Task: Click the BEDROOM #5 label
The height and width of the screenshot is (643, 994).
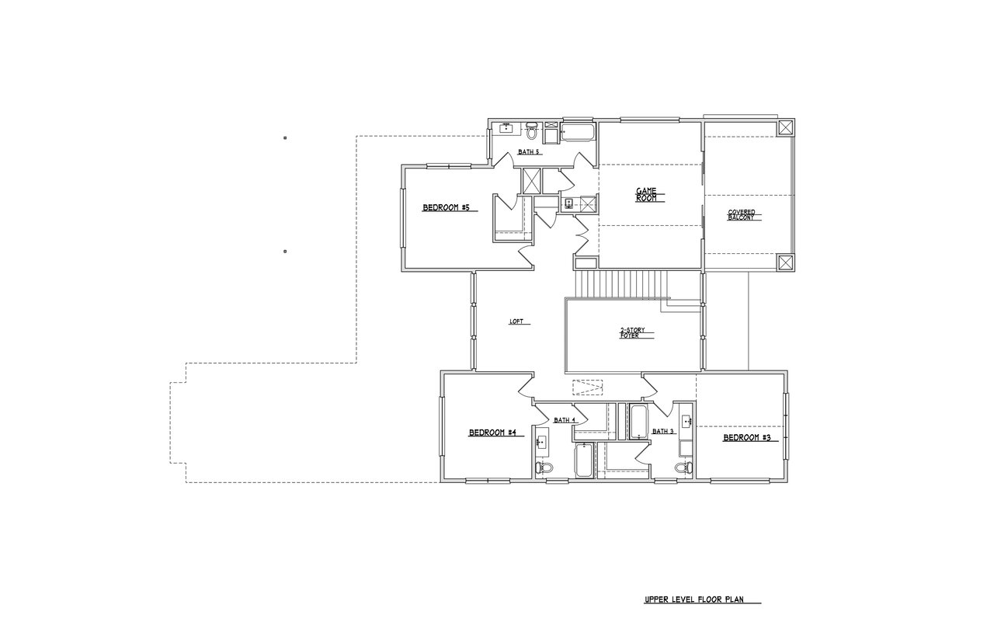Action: pyautogui.click(x=446, y=207)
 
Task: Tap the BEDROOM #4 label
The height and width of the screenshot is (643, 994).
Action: pyautogui.click(x=492, y=433)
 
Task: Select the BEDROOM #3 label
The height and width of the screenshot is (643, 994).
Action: pyautogui.click(x=747, y=437)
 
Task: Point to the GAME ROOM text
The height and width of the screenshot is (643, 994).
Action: pyautogui.click(x=646, y=195)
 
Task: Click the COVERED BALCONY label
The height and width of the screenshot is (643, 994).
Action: pyautogui.click(x=741, y=215)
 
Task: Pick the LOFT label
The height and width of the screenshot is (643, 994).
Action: pyautogui.click(x=516, y=321)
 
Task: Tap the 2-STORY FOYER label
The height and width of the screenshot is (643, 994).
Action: pyautogui.click(x=632, y=333)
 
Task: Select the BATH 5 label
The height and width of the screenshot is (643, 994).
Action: pyautogui.click(x=529, y=151)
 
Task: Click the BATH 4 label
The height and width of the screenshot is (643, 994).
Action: pyautogui.click(x=565, y=420)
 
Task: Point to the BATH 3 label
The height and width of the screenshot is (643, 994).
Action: pyautogui.click(x=663, y=431)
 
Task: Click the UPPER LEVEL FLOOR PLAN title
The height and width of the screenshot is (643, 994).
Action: pyautogui.click(x=694, y=600)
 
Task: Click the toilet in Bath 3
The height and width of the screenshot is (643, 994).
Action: pyautogui.click(x=684, y=467)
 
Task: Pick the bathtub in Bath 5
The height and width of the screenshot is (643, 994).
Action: pyautogui.click(x=578, y=132)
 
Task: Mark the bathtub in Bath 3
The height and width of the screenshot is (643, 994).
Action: pyautogui.click(x=638, y=422)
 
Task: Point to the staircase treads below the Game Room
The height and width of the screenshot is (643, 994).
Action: pyautogui.click(x=621, y=284)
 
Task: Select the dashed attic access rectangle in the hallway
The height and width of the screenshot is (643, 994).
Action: pyautogui.click(x=588, y=388)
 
